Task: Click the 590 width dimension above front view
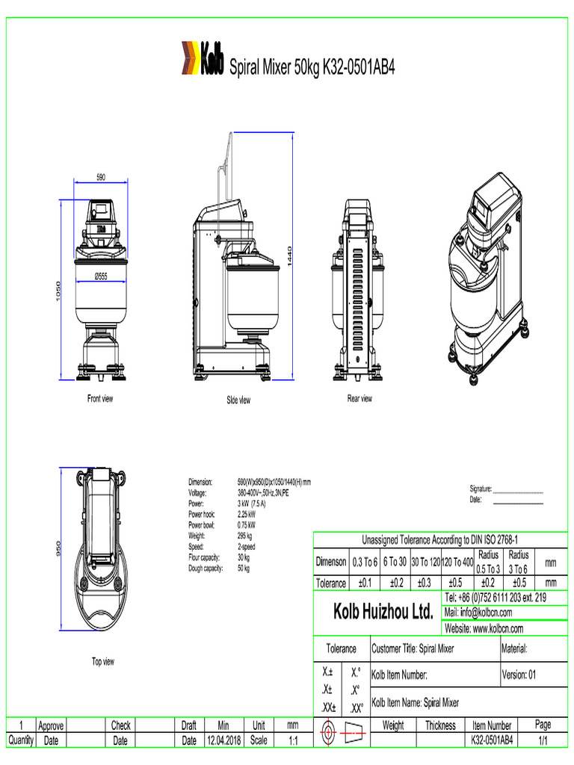click(100, 177)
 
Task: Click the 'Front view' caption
click(100, 398)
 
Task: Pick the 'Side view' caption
click(238, 400)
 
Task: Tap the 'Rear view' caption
click(359, 398)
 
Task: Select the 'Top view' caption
click(103, 661)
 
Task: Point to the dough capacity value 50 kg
click(244, 569)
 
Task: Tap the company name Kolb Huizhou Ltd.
click(383, 613)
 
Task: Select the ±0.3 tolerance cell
click(425, 583)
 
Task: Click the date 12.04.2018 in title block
click(223, 740)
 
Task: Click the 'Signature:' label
click(481, 489)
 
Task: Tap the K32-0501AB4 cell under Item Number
click(492, 740)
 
